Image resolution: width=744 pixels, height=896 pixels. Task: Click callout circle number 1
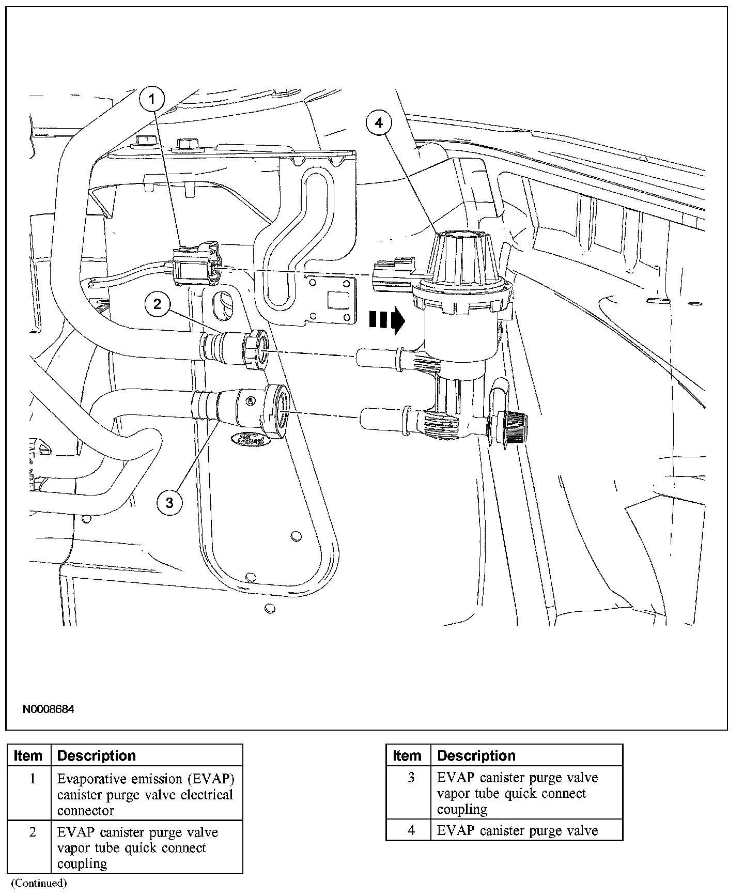pos(151,99)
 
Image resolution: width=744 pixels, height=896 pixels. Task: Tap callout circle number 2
pos(157,304)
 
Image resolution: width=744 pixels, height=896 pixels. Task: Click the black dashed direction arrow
pos(386,320)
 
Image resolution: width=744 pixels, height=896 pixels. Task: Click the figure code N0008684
pos(48,709)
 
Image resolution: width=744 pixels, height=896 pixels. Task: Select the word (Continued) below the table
pos(39,883)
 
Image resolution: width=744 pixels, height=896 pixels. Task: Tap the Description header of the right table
pos(476,755)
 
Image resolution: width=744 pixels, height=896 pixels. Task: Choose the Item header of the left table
pos(28,755)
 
